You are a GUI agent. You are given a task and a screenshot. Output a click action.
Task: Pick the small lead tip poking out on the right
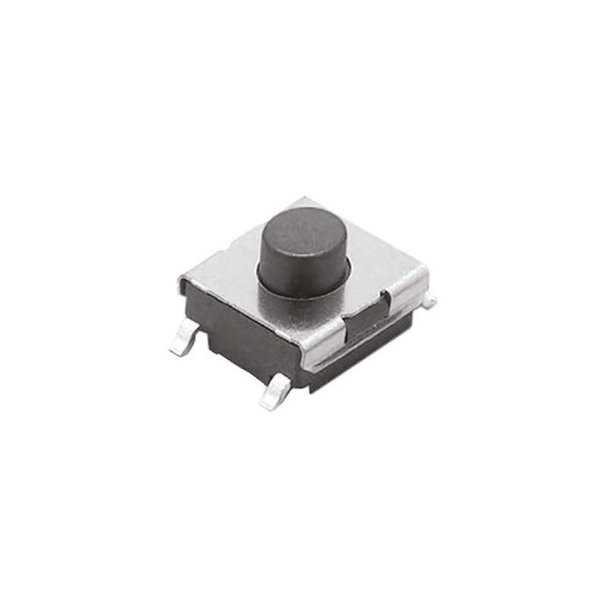[x=430, y=301]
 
